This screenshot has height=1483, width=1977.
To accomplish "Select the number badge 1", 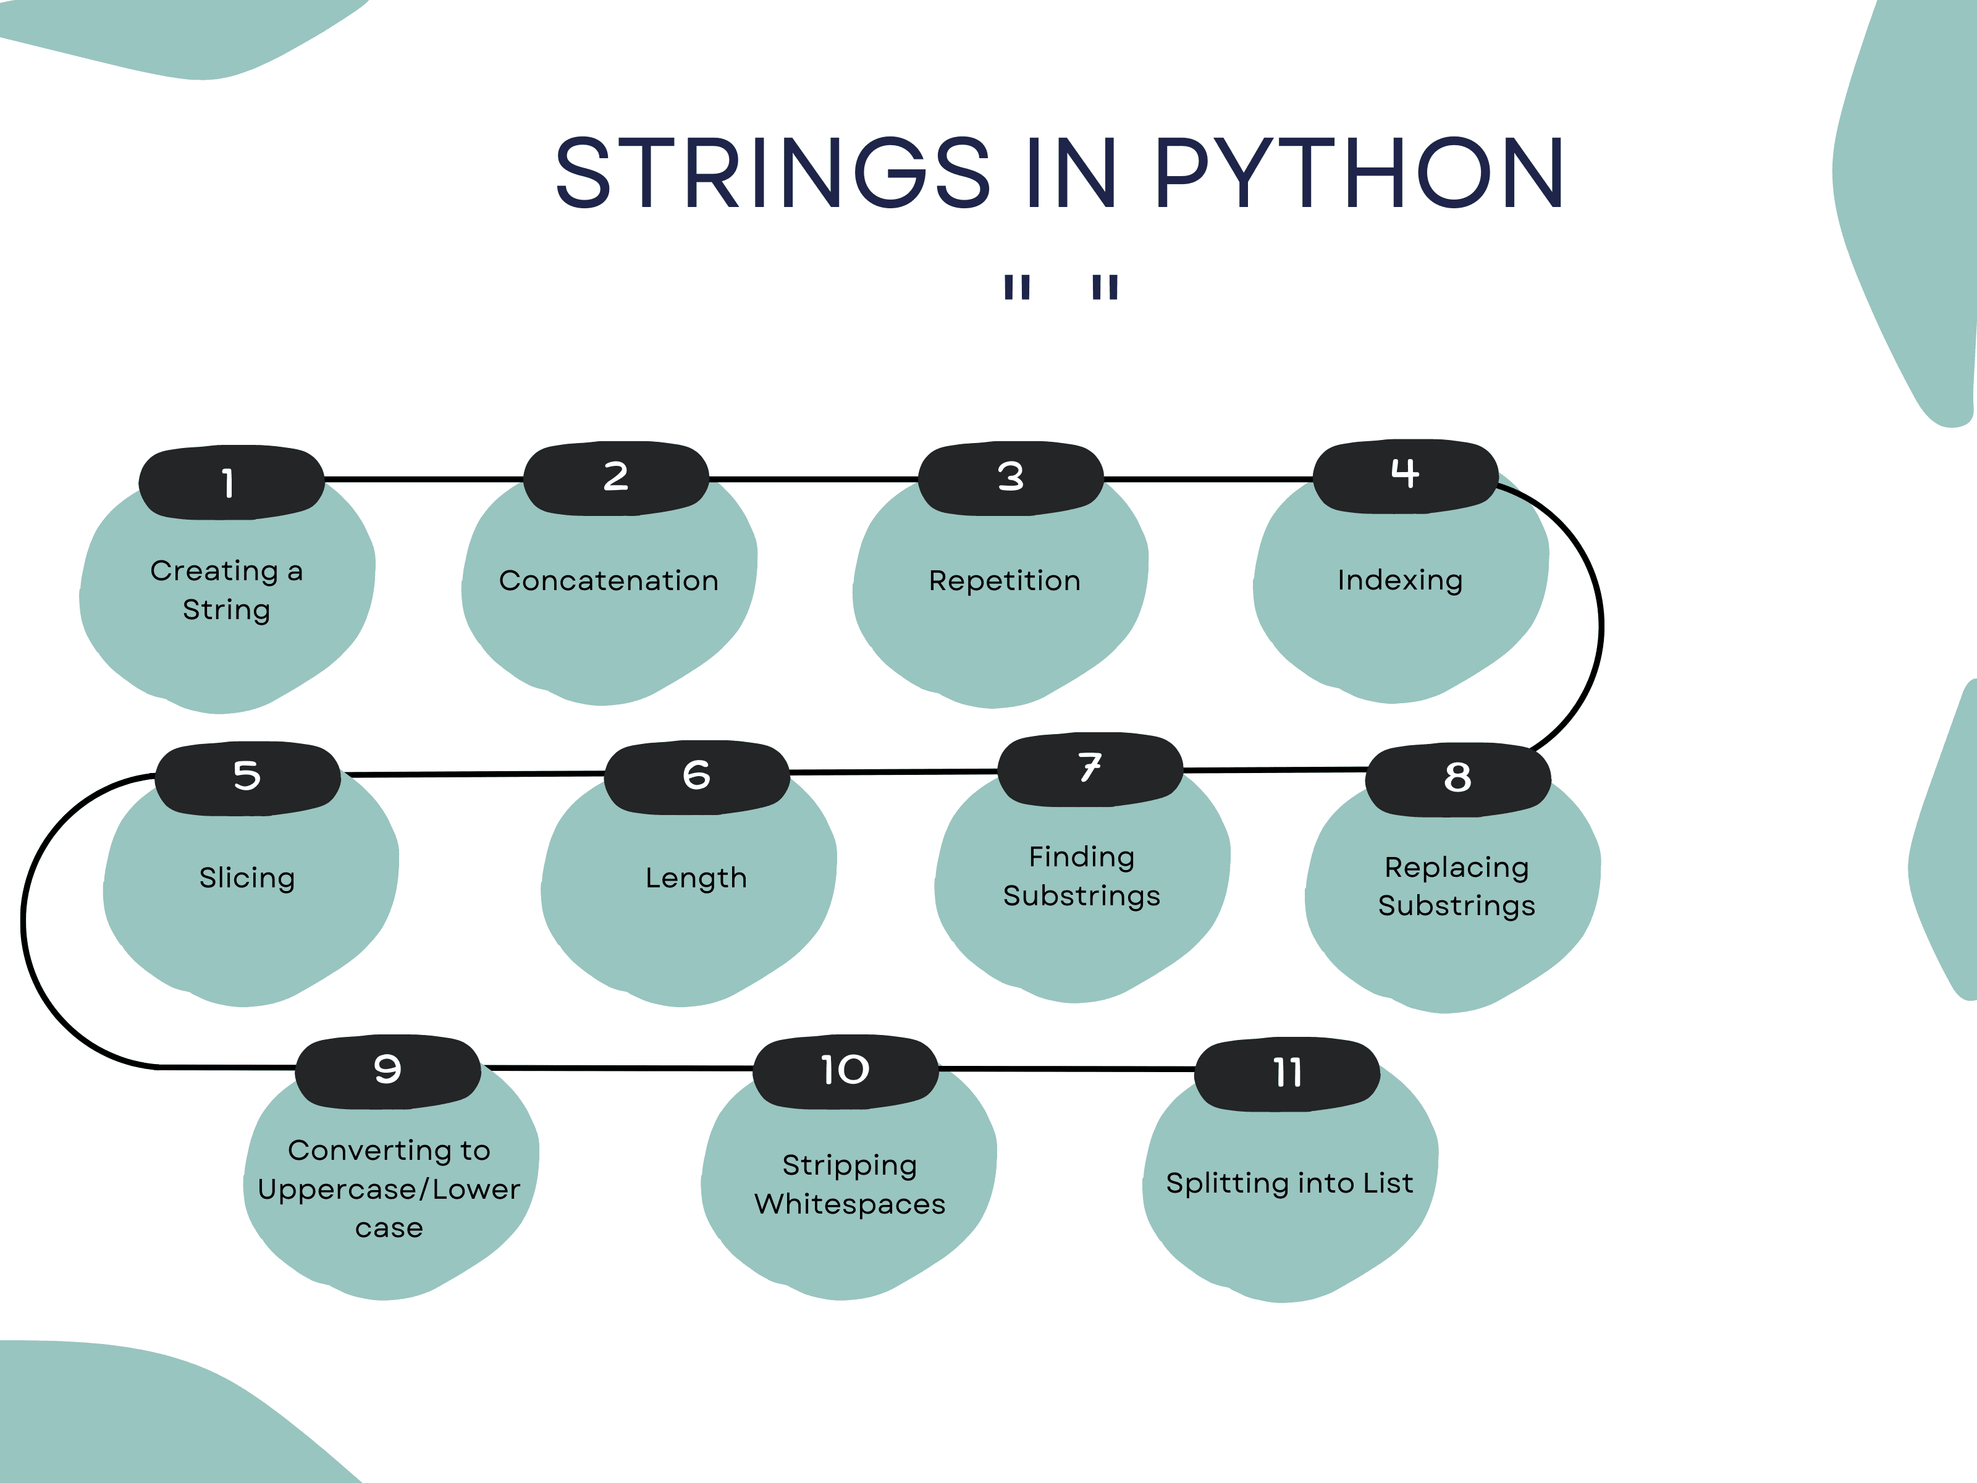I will (230, 482).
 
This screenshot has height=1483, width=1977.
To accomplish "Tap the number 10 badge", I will (845, 1071).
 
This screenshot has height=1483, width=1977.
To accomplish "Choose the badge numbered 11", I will (1287, 1073).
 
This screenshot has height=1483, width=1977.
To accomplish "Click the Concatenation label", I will (609, 581).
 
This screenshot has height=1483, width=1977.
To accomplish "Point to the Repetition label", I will (1005, 581).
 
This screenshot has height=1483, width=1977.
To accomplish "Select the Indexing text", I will (1399, 581).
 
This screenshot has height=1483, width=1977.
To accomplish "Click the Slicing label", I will (247, 878).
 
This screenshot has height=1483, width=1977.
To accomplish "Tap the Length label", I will (696, 878).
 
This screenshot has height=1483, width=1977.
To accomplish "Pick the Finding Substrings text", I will (1081, 876).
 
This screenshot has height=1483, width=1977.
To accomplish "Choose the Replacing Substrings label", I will (1456, 886).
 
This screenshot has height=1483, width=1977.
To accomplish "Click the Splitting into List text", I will (1289, 1183).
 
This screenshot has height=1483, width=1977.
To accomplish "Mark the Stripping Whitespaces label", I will (849, 1185).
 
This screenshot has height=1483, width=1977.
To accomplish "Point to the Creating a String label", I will (226, 590).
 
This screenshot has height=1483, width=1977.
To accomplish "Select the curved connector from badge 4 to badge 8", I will (1600, 626).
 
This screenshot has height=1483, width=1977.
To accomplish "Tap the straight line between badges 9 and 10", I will (617, 1067).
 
